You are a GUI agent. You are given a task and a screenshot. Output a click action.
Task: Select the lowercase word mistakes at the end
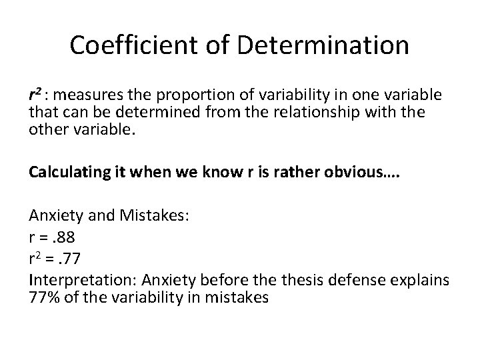pos(239,281)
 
